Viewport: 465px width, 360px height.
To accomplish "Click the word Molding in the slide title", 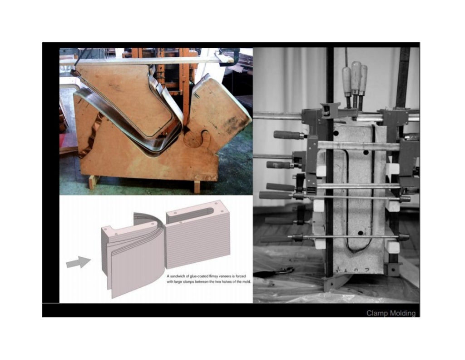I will pos(402,313).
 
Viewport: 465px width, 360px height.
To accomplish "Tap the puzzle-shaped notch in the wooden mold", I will pos(200,139).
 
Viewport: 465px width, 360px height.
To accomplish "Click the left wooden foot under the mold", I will pos(93,182).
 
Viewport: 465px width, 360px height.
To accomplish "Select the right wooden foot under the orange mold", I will pos(197,185).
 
